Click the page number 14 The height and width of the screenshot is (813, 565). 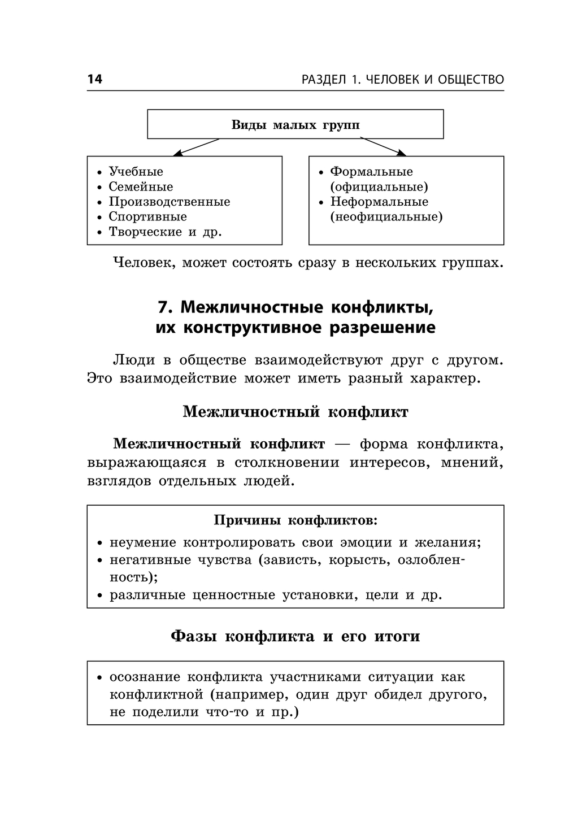[x=95, y=79]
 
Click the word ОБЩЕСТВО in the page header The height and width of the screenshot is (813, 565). [x=471, y=79]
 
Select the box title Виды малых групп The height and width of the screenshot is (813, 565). [x=295, y=124]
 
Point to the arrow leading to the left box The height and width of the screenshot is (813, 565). [x=196, y=147]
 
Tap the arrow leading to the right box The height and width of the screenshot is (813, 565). [x=383, y=147]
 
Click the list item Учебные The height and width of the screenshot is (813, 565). [x=136, y=171]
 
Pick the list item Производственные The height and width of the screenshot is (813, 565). [x=169, y=202]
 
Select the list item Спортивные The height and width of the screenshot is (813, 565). [x=147, y=217]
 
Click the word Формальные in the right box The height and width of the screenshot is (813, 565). [x=372, y=171]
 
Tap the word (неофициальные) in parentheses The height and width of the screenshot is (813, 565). [x=386, y=217]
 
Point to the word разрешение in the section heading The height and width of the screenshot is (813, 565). [x=383, y=328]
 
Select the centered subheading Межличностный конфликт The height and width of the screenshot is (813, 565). [x=295, y=411]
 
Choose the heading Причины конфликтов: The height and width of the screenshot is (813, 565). [x=295, y=520]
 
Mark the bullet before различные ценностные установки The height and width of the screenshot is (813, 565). [x=100, y=595]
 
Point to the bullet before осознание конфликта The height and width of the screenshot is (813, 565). [x=100, y=677]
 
